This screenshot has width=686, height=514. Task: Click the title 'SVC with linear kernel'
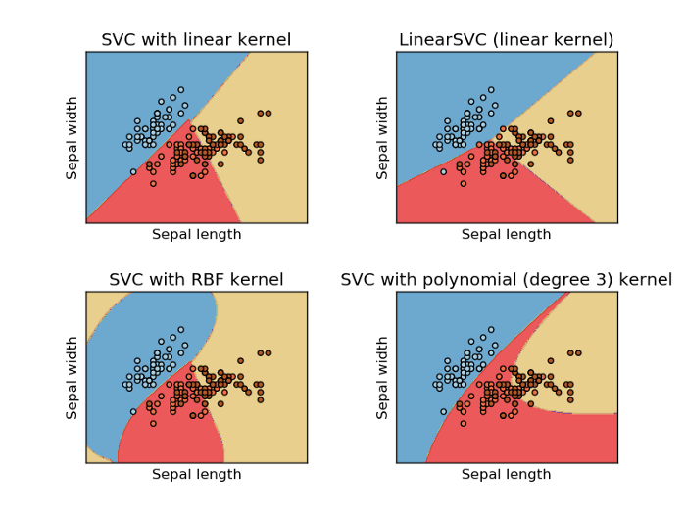click(x=196, y=40)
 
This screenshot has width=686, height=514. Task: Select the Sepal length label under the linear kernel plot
click(x=196, y=235)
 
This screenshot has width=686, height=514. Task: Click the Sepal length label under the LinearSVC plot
click(x=507, y=235)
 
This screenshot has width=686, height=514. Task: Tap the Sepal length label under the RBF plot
click(x=196, y=475)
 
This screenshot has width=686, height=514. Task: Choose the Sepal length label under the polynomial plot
click(x=507, y=475)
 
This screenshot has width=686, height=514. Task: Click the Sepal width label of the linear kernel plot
click(x=73, y=137)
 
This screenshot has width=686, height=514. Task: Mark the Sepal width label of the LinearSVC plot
click(x=383, y=137)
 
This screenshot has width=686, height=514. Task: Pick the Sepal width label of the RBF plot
click(x=73, y=377)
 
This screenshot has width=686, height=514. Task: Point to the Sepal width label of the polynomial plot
click(x=383, y=377)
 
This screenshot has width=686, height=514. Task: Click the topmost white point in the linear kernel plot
click(x=180, y=89)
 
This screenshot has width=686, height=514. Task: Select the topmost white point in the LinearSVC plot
click(x=491, y=89)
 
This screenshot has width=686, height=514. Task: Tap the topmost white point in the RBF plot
click(x=180, y=329)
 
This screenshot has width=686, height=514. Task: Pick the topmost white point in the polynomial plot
click(x=491, y=329)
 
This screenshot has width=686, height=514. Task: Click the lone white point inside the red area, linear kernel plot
click(x=133, y=171)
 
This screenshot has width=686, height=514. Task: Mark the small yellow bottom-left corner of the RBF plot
click(x=92, y=455)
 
